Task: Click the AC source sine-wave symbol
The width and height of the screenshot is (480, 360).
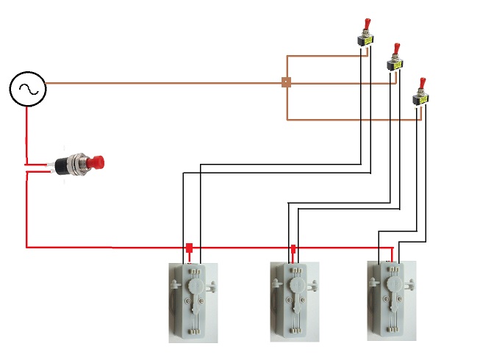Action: [28, 90]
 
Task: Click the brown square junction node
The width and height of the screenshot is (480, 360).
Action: [286, 83]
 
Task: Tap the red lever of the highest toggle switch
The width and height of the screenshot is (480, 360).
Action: [365, 26]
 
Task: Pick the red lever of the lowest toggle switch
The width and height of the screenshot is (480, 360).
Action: [422, 83]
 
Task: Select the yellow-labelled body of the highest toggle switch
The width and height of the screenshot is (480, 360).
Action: [363, 42]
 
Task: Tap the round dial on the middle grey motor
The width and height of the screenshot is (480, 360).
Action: [298, 284]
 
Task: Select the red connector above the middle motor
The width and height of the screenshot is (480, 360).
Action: [293, 249]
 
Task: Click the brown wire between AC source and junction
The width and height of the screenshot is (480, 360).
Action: [162, 83]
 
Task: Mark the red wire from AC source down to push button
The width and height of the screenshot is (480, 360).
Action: [28, 132]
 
